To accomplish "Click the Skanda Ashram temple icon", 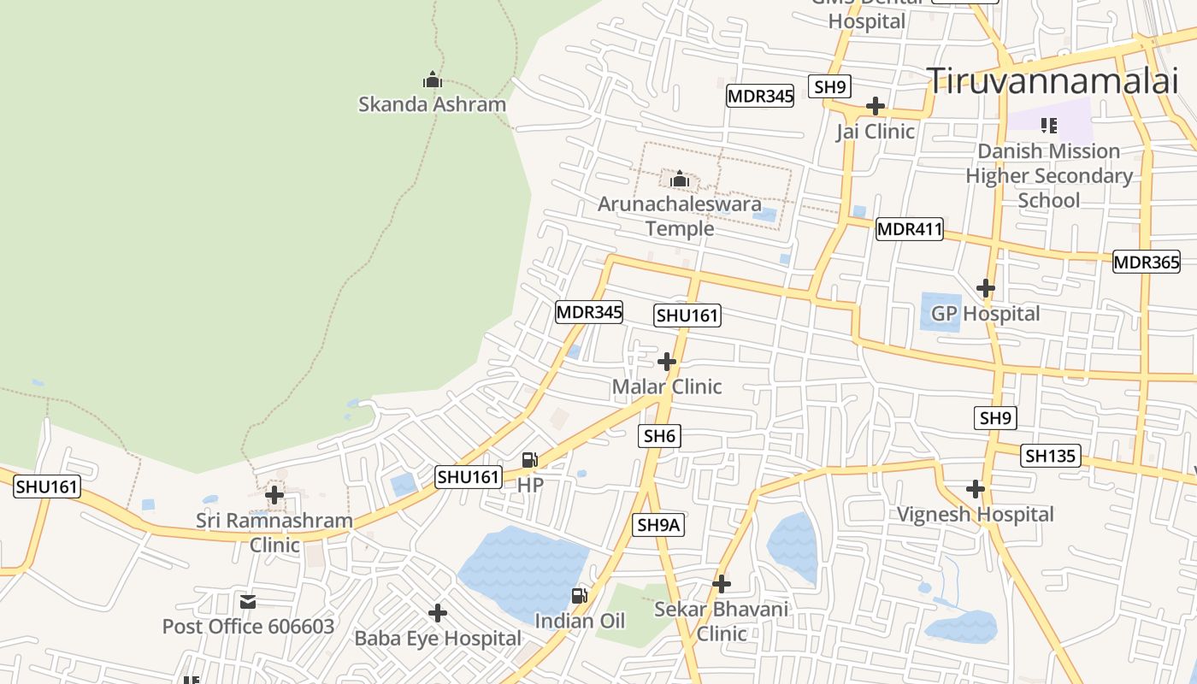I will coord(433,80).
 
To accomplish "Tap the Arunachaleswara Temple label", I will coord(680,216).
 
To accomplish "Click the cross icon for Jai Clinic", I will coord(875,106).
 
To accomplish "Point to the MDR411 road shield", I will coord(909,229).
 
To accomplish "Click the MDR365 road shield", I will coord(1146,262).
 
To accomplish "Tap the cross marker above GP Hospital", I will coord(986,288).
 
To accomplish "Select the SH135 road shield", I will coord(1050,456).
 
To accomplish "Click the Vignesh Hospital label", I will coord(975,515).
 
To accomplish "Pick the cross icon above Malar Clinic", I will coord(667,362).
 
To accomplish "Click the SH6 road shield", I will coord(659,436).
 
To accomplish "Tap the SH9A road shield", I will coord(658,525).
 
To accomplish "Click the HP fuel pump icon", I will coord(530,460).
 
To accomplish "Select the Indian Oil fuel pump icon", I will coord(580,595).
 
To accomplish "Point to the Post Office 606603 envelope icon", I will coord(248,602).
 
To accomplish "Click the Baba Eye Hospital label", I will coord(438,638).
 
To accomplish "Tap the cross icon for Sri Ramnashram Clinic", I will coord(274,495).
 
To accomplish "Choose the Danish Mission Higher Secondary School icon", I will coord(1049,126).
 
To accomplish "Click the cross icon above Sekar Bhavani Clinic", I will coord(722,584).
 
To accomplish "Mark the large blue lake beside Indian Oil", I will coord(522,569).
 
